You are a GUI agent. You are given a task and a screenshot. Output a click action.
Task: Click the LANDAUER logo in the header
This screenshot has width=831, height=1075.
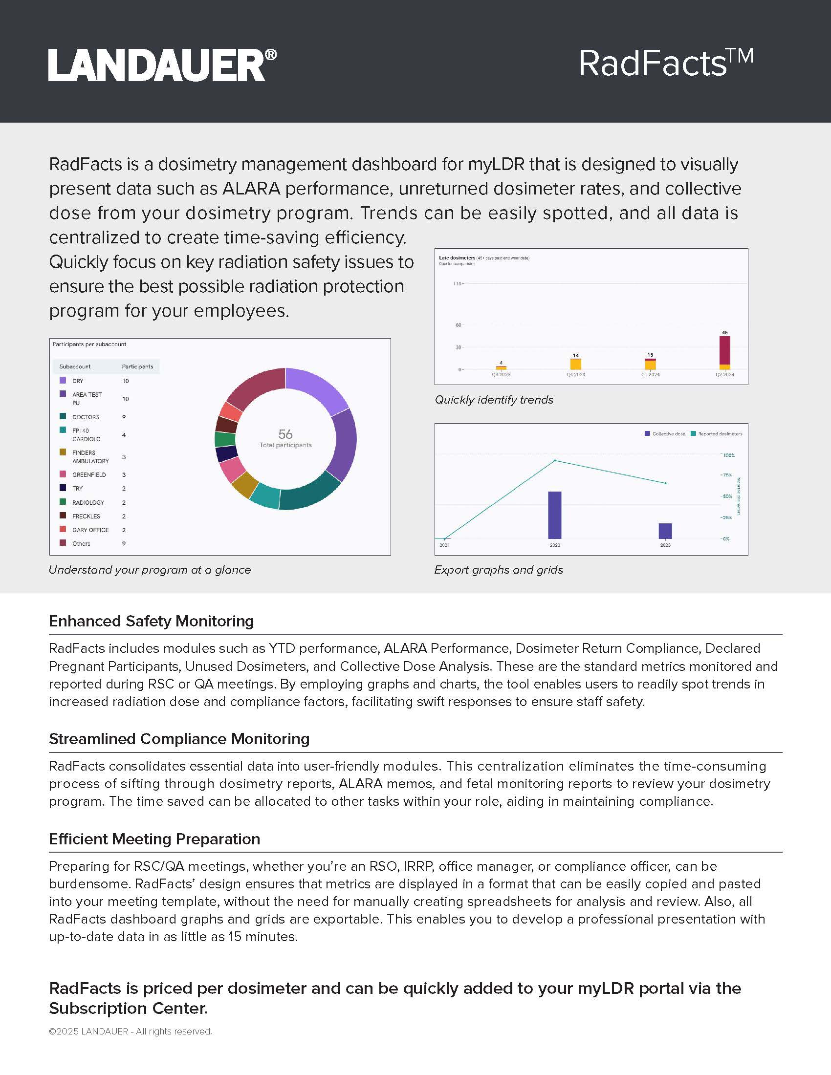(162, 65)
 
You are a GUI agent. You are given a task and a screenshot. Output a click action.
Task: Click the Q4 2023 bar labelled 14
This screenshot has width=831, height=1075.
(575, 364)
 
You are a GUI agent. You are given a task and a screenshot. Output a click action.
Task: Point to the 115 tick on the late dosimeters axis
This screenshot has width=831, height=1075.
(458, 283)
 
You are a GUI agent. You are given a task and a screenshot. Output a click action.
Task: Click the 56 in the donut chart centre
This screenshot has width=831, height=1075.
(285, 434)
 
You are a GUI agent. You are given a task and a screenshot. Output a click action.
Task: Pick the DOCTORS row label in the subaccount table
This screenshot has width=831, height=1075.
(86, 417)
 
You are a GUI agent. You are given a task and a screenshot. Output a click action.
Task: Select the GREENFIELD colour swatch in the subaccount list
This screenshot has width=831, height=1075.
(63, 474)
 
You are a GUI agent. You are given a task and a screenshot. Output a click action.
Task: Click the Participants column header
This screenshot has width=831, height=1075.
(137, 366)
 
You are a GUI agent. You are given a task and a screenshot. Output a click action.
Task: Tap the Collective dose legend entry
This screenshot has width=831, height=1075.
(665, 433)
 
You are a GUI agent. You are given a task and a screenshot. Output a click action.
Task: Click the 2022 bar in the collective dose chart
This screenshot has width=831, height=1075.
(555, 515)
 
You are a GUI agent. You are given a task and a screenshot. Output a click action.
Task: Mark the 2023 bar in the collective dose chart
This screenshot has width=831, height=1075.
(665, 531)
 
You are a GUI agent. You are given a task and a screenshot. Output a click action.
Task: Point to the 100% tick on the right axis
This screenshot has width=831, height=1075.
(728, 455)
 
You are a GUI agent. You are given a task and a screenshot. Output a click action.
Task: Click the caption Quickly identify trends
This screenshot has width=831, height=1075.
(494, 400)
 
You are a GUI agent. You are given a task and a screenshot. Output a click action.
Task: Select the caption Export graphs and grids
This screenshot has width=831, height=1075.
(498, 569)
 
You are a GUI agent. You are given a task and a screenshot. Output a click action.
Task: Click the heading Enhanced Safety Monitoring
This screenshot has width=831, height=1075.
(151, 621)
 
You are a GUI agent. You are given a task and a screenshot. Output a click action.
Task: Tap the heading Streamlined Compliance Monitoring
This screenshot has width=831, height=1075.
(179, 739)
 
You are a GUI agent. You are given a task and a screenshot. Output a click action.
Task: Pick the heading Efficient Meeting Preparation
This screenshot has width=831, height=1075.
(154, 838)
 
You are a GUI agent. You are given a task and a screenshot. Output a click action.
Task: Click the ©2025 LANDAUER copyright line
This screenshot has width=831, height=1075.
(131, 1031)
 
